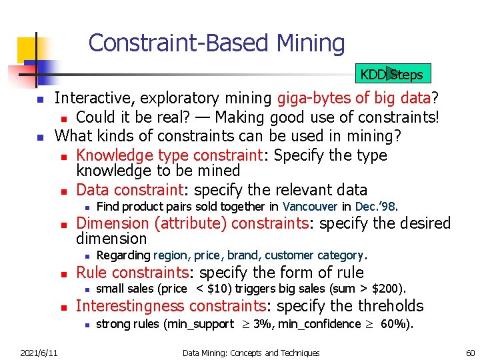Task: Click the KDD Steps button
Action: click(x=391, y=73)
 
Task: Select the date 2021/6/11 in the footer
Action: click(x=39, y=353)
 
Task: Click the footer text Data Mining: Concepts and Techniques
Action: click(x=251, y=353)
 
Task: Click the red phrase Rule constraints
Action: click(x=132, y=273)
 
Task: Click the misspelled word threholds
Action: click(x=389, y=306)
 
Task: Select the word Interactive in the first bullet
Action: click(x=94, y=99)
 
